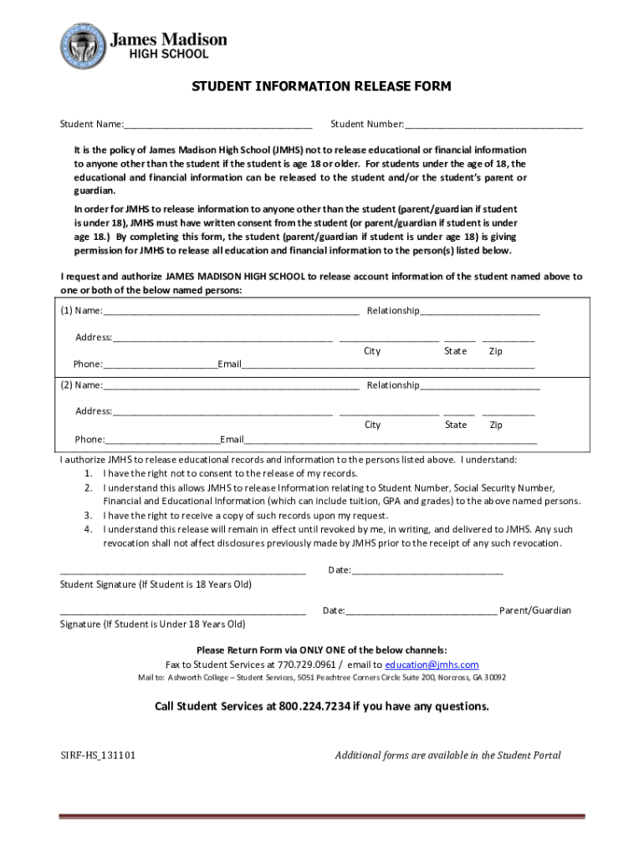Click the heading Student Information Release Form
[321, 86]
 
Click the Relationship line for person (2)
[480, 385]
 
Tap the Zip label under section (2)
[496, 425]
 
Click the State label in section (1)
[456, 352]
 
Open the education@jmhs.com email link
[432, 665]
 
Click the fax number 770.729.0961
[306, 665]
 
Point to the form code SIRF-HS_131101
[98, 756]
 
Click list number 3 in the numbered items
[87, 516]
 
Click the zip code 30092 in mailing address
[493, 678]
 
